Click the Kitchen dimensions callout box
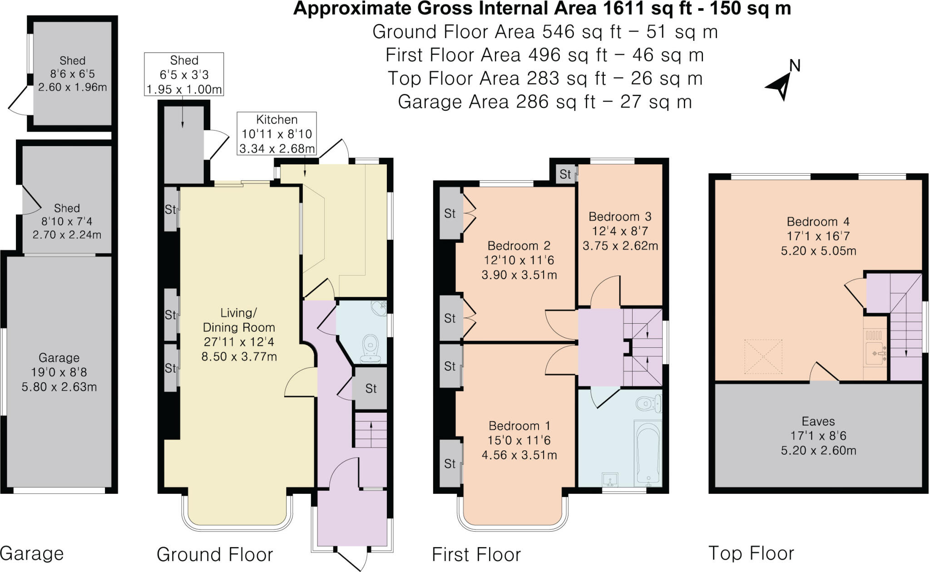click(277, 134)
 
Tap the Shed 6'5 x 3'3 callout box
click(184, 75)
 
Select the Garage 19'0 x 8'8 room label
click(59, 372)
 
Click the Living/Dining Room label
click(239, 335)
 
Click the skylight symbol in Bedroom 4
click(763, 357)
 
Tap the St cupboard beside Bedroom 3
click(565, 174)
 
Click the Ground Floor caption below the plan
click(215, 555)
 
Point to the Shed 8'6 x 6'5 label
click(72, 74)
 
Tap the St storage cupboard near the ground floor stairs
click(371, 389)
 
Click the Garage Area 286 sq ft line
click(545, 102)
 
